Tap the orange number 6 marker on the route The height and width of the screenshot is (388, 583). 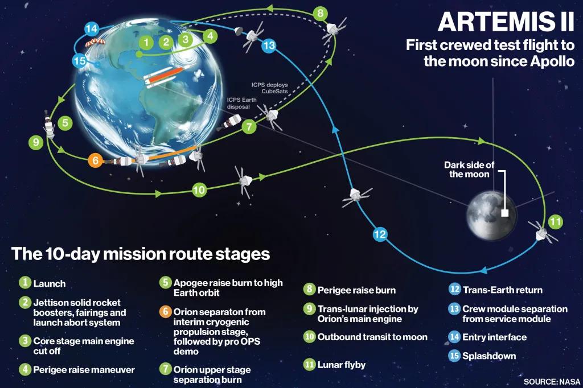click(x=96, y=160)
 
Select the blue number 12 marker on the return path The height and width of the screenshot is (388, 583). click(x=380, y=233)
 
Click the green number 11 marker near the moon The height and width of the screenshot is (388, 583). click(x=556, y=221)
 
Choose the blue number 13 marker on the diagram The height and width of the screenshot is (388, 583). click(x=269, y=46)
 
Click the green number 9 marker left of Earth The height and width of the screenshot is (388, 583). click(x=36, y=143)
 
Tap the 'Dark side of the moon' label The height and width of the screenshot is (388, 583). click(x=470, y=170)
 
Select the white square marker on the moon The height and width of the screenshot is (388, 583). click(x=504, y=213)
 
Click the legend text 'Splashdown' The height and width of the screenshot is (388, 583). click(x=490, y=356)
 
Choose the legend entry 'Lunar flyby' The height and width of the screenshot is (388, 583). click(x=342, y=365)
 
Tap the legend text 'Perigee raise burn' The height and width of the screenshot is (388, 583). click(x=356, y=290)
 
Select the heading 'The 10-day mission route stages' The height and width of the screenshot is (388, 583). click(x=140, y=254)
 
